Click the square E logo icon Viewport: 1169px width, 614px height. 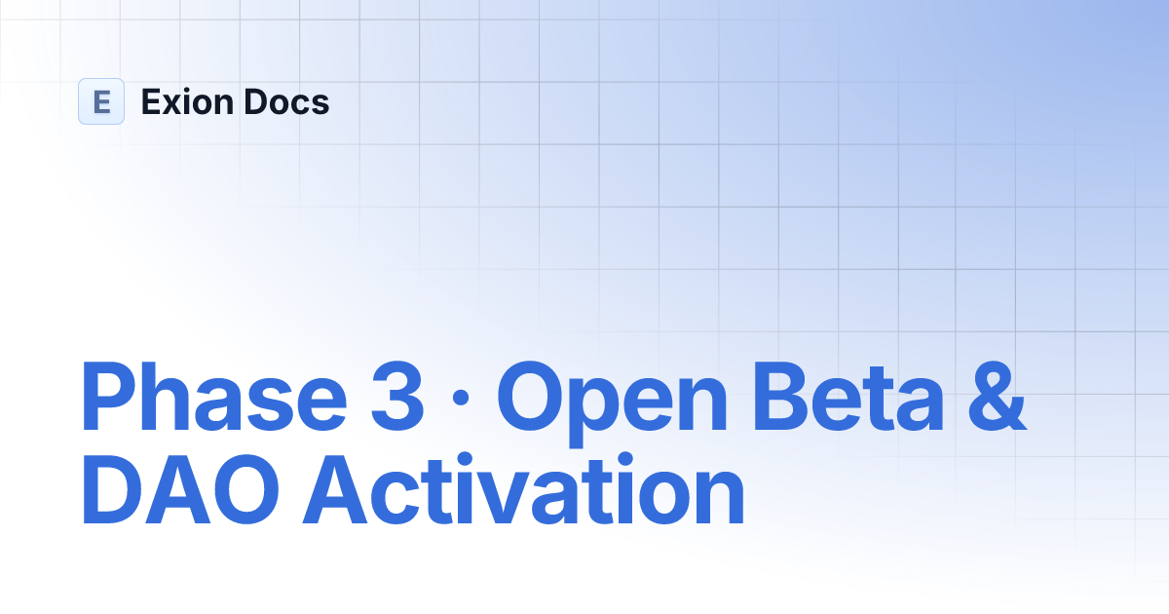point(101,101)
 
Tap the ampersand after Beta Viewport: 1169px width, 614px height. point(997,397)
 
